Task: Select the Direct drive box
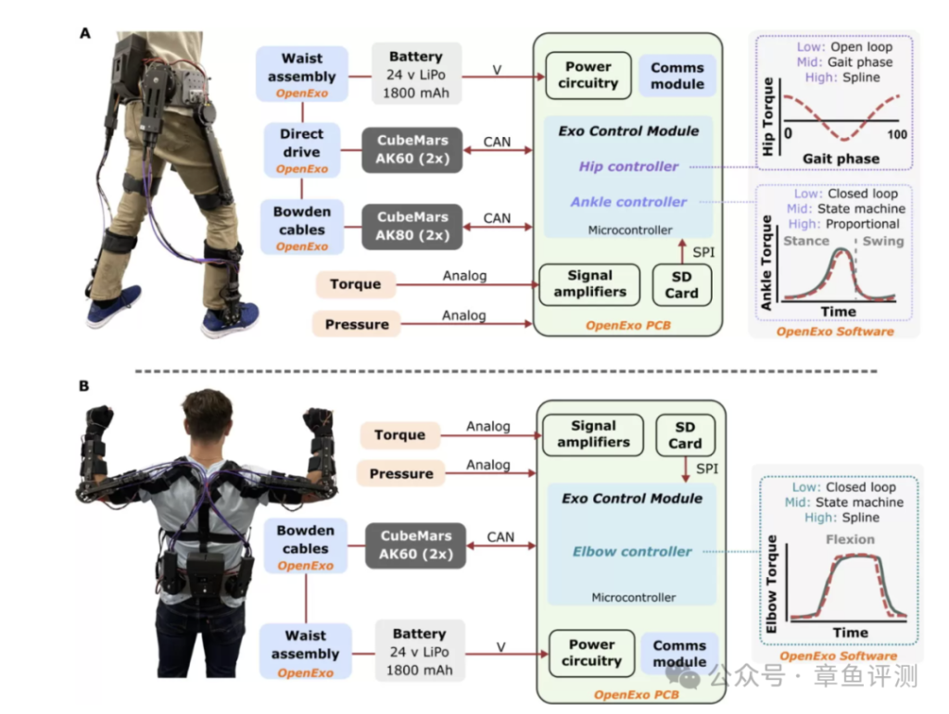point(302,150)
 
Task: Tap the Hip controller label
point(628,167)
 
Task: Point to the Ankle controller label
point(628,202)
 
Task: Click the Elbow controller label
point(632,552)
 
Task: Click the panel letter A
point(86,33)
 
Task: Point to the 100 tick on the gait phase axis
point(895,135)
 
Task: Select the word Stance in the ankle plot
point(806,241)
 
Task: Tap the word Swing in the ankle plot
point(882,241)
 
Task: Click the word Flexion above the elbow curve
point(850,539)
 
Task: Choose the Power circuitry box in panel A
point(588,75)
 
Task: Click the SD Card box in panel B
point(685,435)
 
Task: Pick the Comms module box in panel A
point(677,75)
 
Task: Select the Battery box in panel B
point(419,652)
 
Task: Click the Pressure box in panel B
point(400,473)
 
